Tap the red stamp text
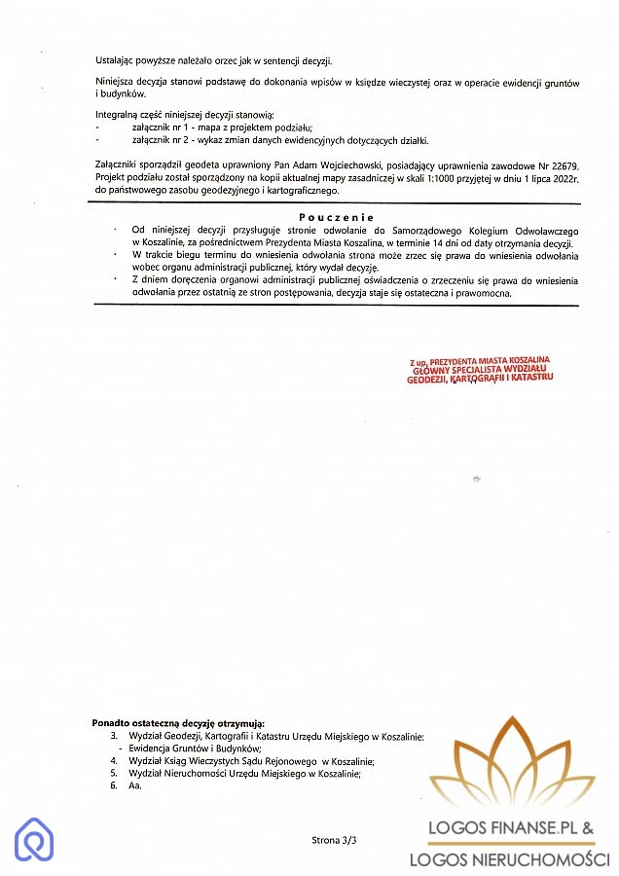click(x=481, y=371)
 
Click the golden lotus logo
click(x=512, y=765)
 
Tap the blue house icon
click(x=34, y=839)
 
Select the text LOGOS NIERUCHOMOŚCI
click(x=509, y=859)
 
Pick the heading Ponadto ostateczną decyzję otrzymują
click(x=178, y=724)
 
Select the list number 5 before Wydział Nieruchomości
click(x=114, y=774)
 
